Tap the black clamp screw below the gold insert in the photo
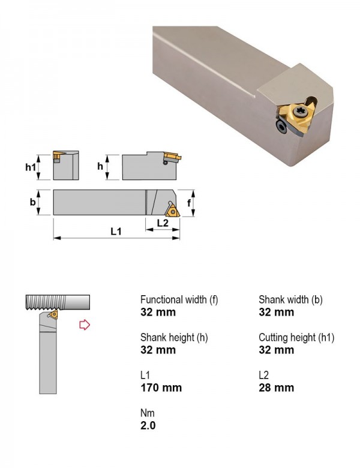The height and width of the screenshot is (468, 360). click(281, 127)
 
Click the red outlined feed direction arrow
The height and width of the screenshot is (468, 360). click(85, 325)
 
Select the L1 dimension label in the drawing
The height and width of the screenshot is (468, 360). click(116, 232)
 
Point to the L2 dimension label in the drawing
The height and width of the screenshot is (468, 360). click(163, 223)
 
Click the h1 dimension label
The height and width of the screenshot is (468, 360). click(30, 167)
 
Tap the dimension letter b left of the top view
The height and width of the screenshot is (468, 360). click(32, 202)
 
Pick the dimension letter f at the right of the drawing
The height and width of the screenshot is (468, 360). click(188, 203)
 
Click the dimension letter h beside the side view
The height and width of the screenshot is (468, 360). click(100, 166)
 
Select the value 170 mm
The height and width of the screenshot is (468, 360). click(161, 388)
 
